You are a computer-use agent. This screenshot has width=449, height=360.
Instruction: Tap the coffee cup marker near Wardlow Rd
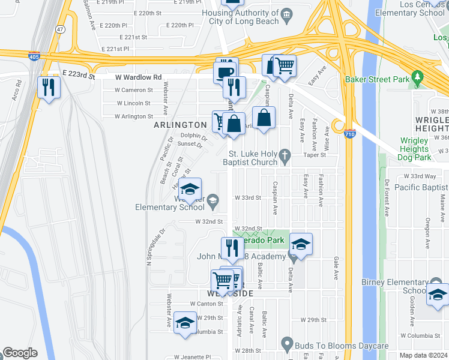click(226, 72)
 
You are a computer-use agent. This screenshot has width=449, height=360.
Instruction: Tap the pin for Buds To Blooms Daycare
click(287, 346)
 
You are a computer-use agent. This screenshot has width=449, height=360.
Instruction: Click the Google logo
click(20, 353)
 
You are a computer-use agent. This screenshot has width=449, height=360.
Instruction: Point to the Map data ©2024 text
click(423, 355)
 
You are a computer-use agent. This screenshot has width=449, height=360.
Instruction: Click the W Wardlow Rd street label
click(139, 77)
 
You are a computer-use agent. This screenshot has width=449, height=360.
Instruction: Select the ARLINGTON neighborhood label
click(180, 125)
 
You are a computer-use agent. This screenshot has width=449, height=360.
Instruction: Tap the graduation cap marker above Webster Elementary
click(190, 190)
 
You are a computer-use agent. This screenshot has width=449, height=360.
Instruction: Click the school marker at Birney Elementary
click(438, 294)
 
